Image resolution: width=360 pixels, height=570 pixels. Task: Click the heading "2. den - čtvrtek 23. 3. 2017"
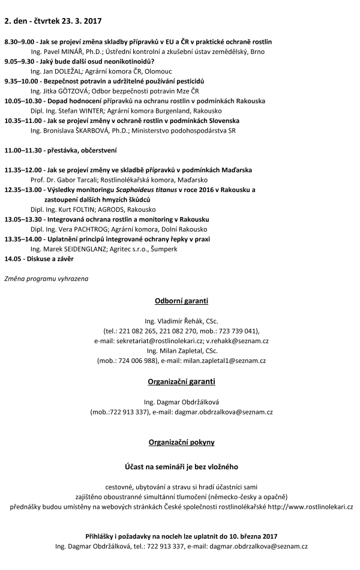click(53, 21)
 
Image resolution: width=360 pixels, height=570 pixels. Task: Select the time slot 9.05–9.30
click(18, 61)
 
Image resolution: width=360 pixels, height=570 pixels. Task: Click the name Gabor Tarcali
click(76, 179)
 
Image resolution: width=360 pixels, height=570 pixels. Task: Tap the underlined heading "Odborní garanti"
click(179, 301)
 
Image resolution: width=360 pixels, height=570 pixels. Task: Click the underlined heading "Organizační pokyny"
click(179, 442)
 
